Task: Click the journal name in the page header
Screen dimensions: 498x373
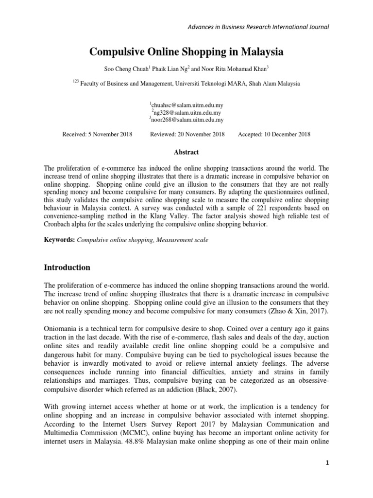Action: click(x=258, y=27)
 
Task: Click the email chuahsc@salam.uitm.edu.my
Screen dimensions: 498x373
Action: click(x=187, y=105)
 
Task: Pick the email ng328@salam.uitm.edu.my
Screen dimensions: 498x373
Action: click(x=187, y=112)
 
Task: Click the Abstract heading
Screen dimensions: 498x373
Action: click(x=186, y=152)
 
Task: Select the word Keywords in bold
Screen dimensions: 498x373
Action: click(x=59, y=240)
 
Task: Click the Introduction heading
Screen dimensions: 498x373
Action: click(x=67, y=267)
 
